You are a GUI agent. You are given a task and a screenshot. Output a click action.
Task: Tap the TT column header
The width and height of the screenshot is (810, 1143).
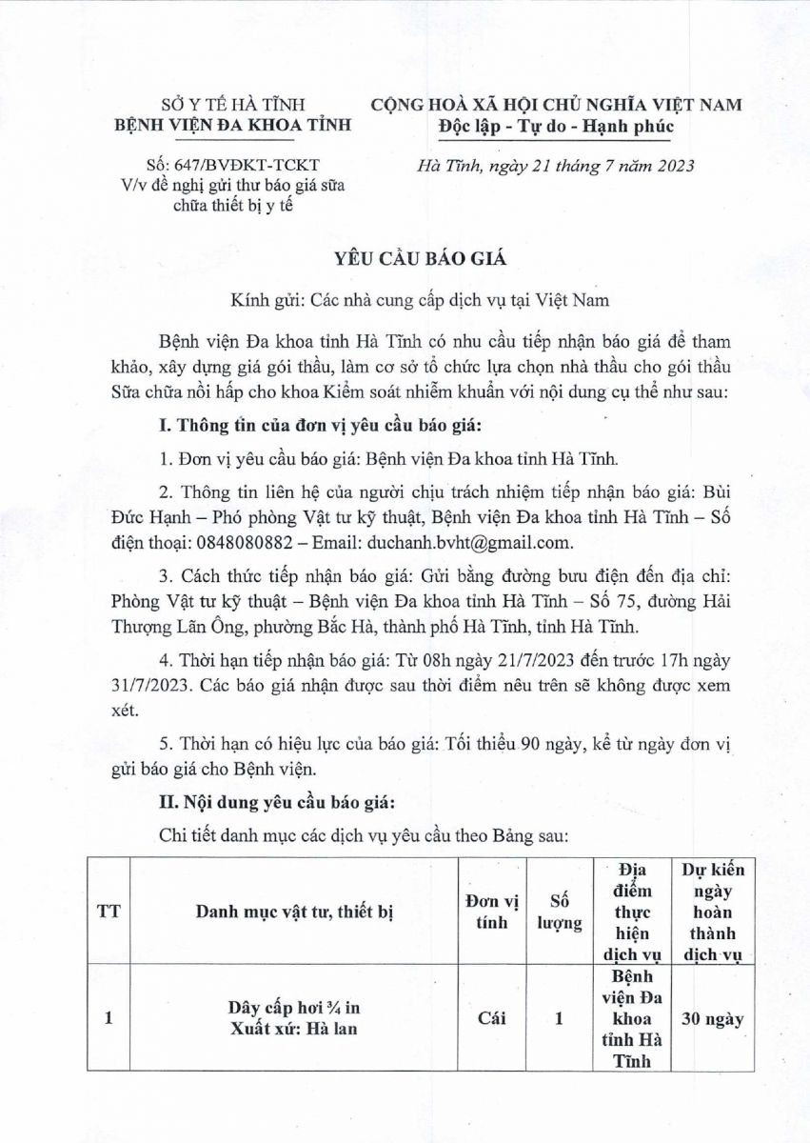[109, 912]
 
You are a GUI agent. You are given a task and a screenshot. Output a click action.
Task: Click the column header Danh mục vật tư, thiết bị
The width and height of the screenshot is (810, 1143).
[294, 912]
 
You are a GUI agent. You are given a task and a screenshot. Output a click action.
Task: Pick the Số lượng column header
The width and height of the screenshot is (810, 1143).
[559, 912]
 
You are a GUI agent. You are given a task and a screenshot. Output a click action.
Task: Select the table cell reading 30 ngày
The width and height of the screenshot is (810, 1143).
[713, 1018]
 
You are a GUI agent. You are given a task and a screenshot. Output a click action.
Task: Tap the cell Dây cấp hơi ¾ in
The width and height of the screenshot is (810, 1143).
[294, 1008]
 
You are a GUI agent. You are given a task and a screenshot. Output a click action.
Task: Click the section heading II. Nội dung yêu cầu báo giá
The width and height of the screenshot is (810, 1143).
[283, 799]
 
